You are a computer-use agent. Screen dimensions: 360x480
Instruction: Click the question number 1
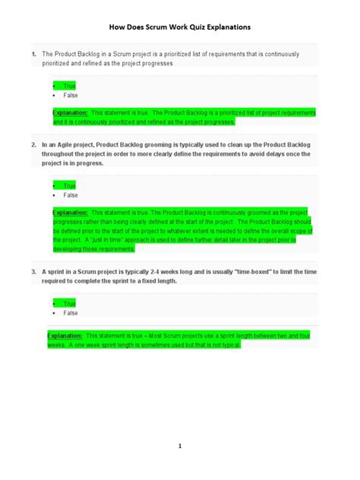coord(33,55)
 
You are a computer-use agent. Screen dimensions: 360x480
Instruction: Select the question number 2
coord(33,144)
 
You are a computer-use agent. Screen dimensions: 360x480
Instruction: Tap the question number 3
coord(33,270)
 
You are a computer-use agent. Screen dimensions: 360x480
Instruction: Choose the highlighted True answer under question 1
coord(69,86)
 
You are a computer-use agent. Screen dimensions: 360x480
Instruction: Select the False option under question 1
coord(71,96)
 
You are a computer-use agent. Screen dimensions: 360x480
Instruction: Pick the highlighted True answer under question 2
coord(69,185)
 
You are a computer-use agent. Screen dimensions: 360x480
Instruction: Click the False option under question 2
coord(71,195)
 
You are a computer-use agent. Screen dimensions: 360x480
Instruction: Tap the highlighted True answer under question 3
coord(69,303)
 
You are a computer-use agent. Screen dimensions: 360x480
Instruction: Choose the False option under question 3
coord(71,313)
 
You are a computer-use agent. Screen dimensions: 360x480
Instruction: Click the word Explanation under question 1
coord(70,112)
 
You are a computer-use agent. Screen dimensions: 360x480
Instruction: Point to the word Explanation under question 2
coord(70,213)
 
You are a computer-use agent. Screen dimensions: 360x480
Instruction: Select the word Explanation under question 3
coord(65,335)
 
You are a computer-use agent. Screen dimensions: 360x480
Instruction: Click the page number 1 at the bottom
coord(180,447)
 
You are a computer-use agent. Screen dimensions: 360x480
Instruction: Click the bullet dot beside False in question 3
coord(55,313)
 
